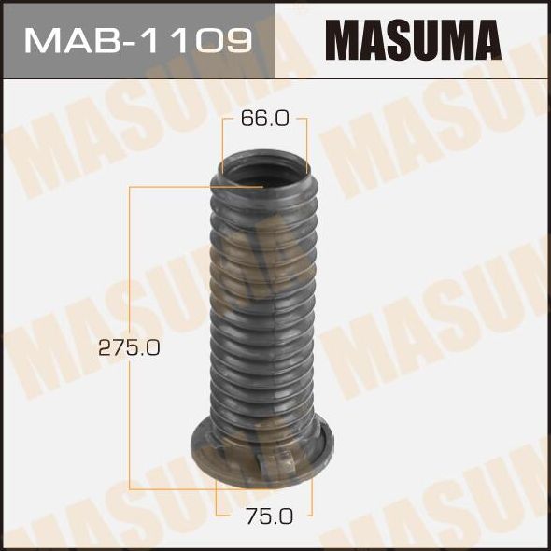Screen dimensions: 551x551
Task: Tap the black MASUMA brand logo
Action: click(x=412, y=40)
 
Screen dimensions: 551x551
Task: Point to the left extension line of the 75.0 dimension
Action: click(x=217, y=500)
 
